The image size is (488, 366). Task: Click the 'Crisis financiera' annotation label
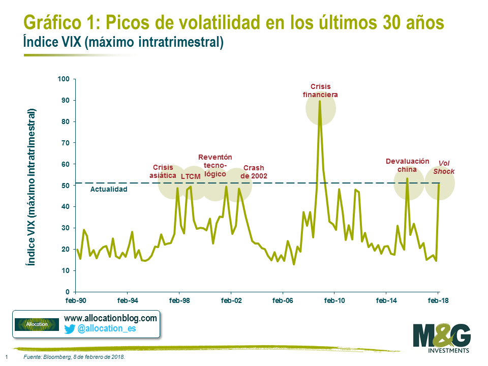(320, 90)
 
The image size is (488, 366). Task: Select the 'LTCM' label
(191, 177)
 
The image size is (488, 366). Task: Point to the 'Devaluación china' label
(407, 165)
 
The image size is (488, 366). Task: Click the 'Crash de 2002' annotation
(254, 172)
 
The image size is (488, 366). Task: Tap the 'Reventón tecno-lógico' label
(215, 165)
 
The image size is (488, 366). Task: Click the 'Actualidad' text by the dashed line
(108, 189)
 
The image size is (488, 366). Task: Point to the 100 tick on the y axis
(63, 79)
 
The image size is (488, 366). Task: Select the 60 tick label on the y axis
(65, 164)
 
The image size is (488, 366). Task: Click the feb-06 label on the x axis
(283, 300)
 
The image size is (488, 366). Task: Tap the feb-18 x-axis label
(438, 300)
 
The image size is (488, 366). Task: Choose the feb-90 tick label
(76, 300)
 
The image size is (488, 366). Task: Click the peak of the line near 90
(320, 101)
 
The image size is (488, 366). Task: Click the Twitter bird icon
(70, 329)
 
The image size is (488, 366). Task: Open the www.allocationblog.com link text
(110, 318)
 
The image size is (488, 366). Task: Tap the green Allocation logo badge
(37, 324)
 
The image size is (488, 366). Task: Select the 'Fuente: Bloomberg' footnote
(74, 357)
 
